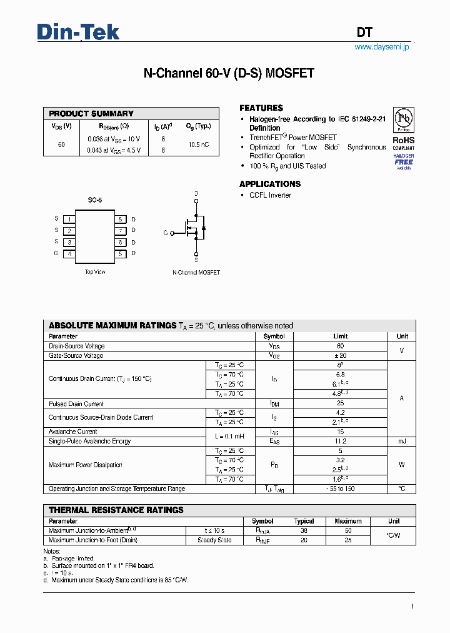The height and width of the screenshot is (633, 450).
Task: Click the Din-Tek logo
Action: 78,32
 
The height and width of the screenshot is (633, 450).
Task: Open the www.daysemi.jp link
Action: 381,47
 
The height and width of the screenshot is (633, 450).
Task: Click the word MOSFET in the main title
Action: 290,74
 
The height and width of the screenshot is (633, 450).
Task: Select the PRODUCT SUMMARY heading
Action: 91,114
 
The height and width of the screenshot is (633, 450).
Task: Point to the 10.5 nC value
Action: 198,144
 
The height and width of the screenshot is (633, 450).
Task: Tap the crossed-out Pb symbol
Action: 404,118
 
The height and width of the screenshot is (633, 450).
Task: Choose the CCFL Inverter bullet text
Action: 270,195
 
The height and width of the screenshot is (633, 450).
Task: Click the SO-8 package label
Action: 95,200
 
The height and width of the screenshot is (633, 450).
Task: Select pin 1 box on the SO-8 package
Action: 69,219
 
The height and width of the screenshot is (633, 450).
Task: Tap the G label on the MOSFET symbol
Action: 166,233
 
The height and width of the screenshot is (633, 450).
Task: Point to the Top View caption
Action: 95,272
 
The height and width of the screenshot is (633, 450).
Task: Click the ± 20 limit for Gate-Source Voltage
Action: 340,355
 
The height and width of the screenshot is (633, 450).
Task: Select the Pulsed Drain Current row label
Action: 76,404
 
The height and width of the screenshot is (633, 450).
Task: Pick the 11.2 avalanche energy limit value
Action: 340,441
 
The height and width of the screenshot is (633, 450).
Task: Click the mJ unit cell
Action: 402,441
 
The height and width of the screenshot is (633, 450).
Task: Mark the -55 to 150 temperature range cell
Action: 340,489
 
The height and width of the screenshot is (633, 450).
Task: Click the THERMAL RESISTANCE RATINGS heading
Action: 116,510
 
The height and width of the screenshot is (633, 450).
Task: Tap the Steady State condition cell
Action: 214,540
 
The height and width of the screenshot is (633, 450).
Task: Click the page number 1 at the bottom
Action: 412,606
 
